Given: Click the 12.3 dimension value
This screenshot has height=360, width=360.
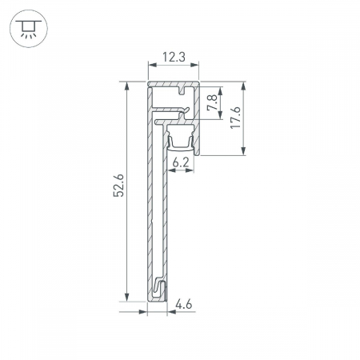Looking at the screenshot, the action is (x=174, y=57).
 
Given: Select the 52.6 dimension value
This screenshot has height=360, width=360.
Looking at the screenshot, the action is (x=118, y=186).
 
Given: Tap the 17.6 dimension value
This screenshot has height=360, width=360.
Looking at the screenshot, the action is (x=235, y=118).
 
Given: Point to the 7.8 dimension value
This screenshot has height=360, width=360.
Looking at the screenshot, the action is (x=213, y=103).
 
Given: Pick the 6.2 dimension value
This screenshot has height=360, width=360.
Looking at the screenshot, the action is (x=180, y=162).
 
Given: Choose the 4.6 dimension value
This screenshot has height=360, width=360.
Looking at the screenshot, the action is (x=184, y=304).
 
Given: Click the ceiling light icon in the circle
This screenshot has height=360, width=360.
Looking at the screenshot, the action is (x=29, y=29).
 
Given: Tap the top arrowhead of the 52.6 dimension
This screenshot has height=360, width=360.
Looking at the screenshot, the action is (x=126, y=86).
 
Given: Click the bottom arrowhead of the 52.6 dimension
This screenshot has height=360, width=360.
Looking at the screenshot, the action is (x=126, y=297).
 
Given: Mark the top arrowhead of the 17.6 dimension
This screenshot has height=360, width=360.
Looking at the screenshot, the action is (x=243, y=86).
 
